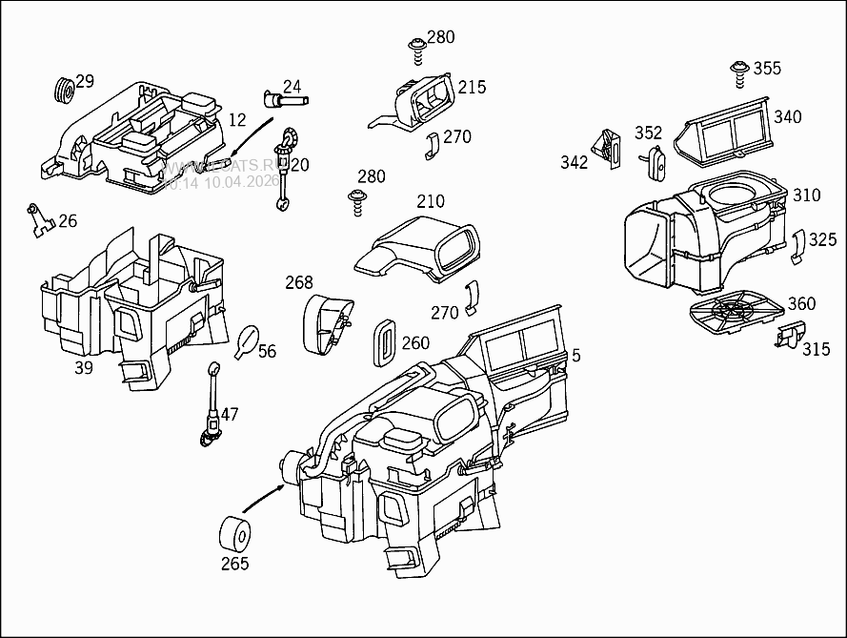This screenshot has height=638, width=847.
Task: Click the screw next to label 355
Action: (x=738, y=69)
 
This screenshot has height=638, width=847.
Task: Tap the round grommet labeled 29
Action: (x=64, y=91)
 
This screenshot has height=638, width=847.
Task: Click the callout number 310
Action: (x=806, y=196)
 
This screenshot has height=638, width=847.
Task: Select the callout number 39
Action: (x=84, y=367)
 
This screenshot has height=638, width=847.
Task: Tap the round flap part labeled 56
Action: (x=247, y=340)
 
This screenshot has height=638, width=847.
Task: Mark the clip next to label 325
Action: (x=799, y=246)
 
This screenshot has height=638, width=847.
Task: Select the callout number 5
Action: (x=575, y=356)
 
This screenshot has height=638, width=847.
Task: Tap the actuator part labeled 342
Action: (x=605, y=149)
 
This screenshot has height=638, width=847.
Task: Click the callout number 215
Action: (x=472, y=88)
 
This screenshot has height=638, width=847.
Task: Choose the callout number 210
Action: (x=431, y=201)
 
